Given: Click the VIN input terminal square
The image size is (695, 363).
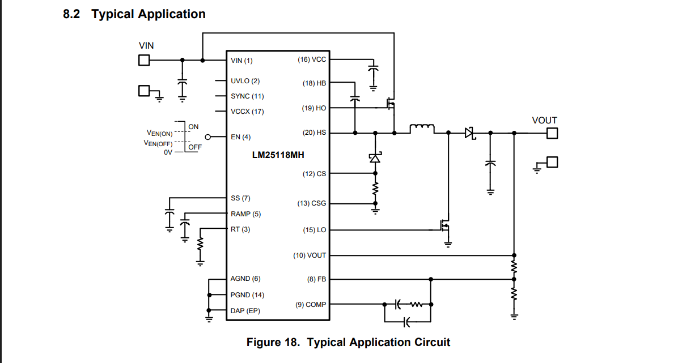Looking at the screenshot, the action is coord(144,60).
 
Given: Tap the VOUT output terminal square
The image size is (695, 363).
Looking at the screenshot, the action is coord(552,133).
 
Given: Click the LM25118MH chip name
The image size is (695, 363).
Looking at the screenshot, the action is coord(278,155).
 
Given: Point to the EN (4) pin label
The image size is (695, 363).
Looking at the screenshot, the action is coord(240,137).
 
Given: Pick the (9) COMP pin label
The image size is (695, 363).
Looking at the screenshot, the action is coord(311,305).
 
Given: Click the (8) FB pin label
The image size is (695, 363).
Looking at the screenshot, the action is coord(316,279).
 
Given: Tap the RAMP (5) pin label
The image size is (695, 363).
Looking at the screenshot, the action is coord(245,214).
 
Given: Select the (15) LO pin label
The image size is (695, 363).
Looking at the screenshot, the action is coord(314,230).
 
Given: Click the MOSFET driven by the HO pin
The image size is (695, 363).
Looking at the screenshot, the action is coord(391,104).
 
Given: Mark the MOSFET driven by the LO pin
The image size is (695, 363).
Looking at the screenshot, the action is coord(445,226).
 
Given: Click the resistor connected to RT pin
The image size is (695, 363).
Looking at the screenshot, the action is coord(201,244).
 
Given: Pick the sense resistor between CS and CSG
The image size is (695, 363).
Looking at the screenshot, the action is coord(375,188).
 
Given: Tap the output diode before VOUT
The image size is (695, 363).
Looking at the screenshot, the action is coord(470,133).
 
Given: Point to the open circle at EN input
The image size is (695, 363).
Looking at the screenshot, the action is coord(208,137).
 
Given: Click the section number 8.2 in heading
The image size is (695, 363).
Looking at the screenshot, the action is coord(71,14).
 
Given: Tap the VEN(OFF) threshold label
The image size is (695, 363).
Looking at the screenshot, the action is coord(158,143).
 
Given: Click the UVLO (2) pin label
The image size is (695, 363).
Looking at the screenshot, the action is coord(245,81).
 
